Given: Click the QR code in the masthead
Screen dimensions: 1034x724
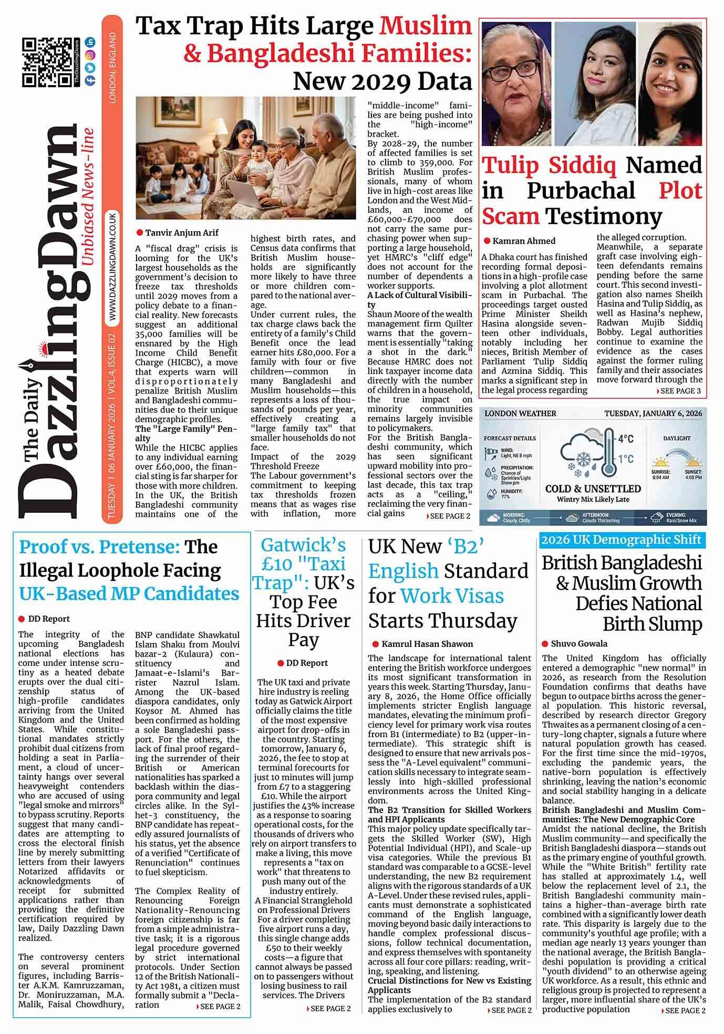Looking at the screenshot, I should pyautogui.click(x=46, y=62).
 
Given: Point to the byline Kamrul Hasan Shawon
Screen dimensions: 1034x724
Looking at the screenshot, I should pyautogui.click(x=427, y=644).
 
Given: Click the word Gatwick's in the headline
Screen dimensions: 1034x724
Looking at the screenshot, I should pyautogui.click(x=303, y=545).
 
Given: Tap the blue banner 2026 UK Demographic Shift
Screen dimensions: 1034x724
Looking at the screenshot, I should pyautogui.click(x=622, y=540).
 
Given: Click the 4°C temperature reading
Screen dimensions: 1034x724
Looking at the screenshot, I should pyautogui.click(x=626, y=438).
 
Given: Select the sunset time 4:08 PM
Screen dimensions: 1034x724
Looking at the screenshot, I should pyautogui.click(x=693, y=477).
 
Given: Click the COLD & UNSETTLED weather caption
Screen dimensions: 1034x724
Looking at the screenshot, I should pyautogui.click(x=593, y=489).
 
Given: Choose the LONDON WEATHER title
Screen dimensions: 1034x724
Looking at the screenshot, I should pyautogui.click(x=520, y=413).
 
